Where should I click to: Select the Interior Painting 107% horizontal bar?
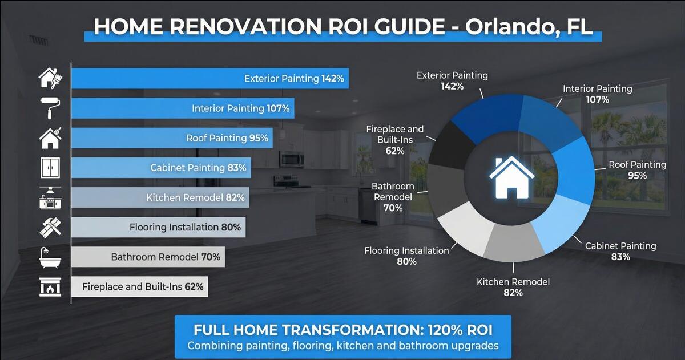[183, 108]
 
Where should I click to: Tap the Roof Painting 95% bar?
[172, 138]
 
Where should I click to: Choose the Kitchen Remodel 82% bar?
[160, 197]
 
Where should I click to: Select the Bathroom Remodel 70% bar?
[148, 257]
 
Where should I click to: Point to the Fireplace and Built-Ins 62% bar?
[139, 286]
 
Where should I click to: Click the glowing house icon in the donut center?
[511, 176]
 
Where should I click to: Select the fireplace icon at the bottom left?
[49, 286]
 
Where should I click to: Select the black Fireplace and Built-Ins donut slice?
[448, 140]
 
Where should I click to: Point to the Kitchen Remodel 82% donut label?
[513, 287]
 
